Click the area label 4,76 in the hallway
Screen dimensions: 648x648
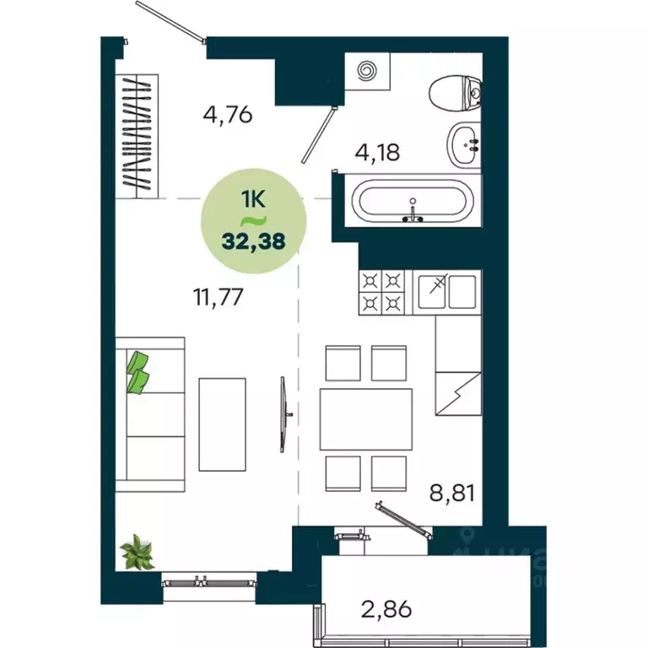point(228,113)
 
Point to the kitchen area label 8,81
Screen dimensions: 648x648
point(451,491)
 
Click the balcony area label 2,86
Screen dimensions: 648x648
point(386,607)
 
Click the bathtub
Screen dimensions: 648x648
point(412,203)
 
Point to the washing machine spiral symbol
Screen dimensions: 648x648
point(369,72)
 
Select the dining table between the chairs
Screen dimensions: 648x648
point(365,419)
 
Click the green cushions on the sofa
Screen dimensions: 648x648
point(138,372)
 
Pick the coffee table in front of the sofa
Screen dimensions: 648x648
point(223,424)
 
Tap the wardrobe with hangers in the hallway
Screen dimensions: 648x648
point(138,135)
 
